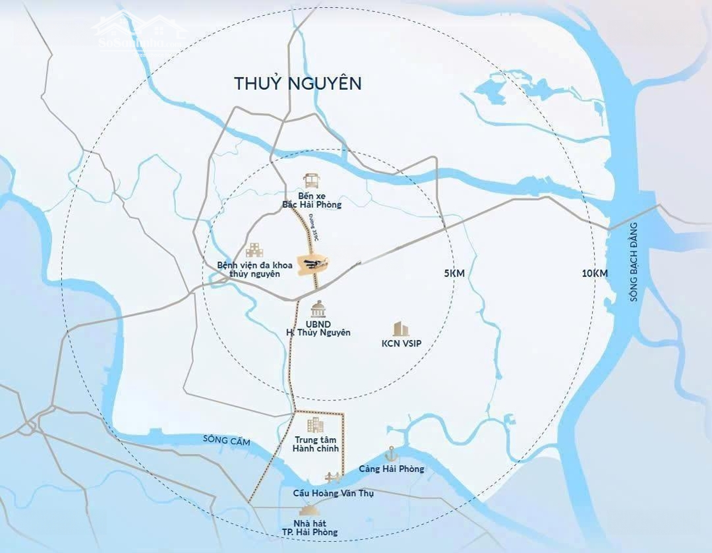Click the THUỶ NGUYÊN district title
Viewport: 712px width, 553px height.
tap(298, 84)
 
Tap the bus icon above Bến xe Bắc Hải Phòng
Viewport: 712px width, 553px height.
tap(311, 181)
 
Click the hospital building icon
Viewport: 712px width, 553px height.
tap(254, 250)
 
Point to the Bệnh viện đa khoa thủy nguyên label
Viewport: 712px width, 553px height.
tap(249, 269)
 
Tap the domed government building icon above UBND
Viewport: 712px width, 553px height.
tap(318, 309)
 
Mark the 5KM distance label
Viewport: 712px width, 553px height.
tap(456, 273)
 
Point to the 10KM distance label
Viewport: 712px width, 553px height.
tap(594, 273)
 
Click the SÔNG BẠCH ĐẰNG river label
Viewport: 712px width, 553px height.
tap(634, 262)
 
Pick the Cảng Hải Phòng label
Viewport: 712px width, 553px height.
tap(392, 469)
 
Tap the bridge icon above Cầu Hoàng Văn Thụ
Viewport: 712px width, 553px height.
tap(332, 478)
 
